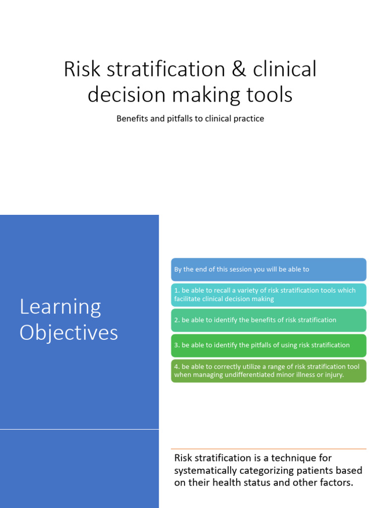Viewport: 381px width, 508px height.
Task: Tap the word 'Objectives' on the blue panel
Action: click(x=68, y=332)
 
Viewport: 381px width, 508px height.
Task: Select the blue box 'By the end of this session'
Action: click(x=268, y=269)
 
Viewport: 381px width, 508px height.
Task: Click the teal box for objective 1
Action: click(x=268, y=295)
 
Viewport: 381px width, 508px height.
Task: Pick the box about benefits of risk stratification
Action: click(x=268, y=320)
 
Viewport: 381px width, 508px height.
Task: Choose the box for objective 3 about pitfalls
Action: click(x=268, y=345)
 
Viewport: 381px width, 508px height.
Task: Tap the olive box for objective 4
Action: click(x=268, y=371)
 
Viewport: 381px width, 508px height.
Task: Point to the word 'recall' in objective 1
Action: click(x=223, y=290)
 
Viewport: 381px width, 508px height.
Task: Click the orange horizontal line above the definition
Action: click(x=268, y=449)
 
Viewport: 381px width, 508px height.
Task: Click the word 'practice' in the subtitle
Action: click(x=249, y=119)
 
